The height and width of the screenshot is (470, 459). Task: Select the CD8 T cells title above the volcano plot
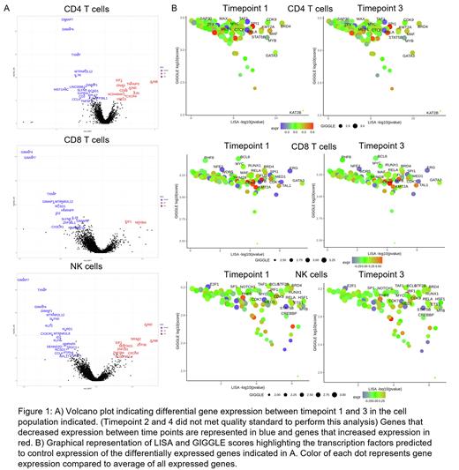point(86,139)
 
